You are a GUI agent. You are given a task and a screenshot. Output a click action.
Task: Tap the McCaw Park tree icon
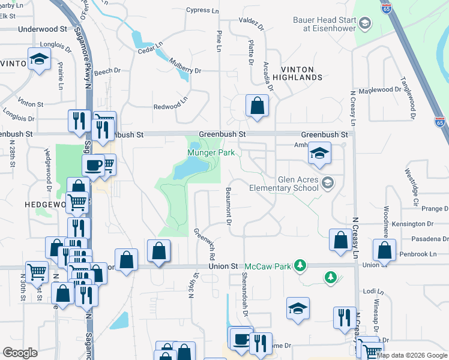pos(300,265)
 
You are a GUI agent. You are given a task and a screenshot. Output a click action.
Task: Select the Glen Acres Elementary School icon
pos(327,182)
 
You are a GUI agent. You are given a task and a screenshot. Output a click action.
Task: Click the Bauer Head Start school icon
pos(366,23)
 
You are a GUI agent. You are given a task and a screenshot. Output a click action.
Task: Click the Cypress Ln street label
pos(202,10)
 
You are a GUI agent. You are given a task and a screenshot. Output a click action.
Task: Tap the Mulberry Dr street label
pos(185,66)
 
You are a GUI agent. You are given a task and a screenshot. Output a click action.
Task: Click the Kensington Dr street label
pos(412,224)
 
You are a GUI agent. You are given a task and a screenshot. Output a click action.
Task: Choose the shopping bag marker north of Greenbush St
pos(256,106)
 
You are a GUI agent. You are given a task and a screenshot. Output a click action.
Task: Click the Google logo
pos(20,353)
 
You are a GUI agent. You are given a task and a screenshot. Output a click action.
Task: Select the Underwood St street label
pos(43,29)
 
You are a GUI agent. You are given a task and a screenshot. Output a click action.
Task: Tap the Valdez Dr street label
pos(252,23)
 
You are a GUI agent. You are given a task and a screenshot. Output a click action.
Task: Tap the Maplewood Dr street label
pos(379,90)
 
